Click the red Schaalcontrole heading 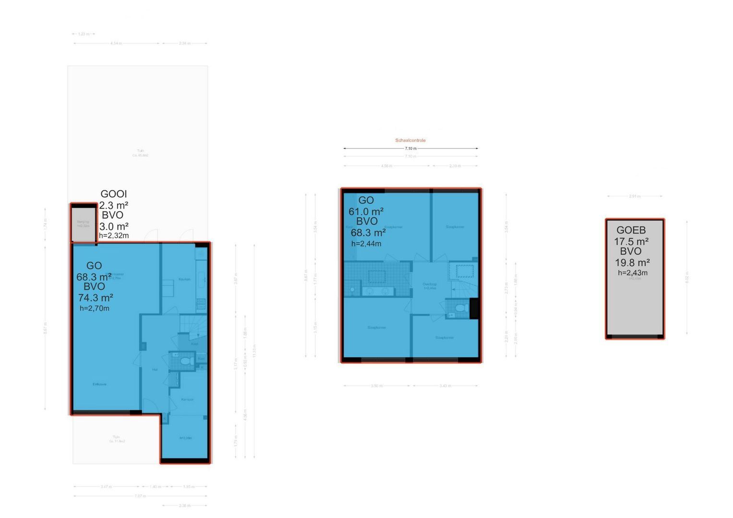click(410, 141)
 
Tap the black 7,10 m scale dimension click(410, 149)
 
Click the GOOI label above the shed click(114, 194)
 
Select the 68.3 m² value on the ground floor click(94, 277)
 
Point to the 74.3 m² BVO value click(96, 298)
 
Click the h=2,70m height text click(95, 308)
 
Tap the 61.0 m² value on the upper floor click(366, 212)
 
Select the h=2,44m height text click(366, 244)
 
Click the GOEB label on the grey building click(631, 230)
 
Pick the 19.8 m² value click(632, 263)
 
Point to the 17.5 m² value click(631, 242)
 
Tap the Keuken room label click(184, 279)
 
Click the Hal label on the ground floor click(155, 369)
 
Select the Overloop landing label click(430, 284)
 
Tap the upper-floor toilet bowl click(460, 308)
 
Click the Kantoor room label click(187, 399)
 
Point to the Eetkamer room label click(100, 384)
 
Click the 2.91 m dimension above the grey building click(635, 196)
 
